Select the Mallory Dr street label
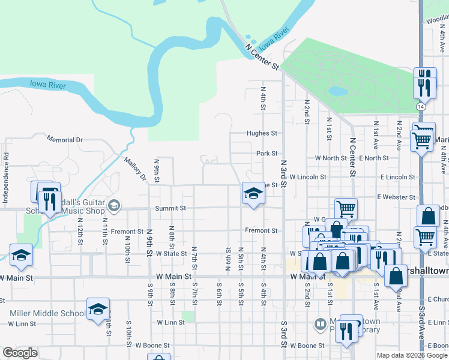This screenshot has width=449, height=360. click(x=135, y=169)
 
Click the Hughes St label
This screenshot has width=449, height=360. click(x=262, y=133)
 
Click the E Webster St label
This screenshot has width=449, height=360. click(x=396, y=197)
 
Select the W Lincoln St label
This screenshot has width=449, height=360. click(x=307, y=177)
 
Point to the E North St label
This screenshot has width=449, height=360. click(x=374, y=158)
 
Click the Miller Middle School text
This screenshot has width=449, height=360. click(x=48, y=313)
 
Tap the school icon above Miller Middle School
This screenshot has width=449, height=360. click(x=98, y=309)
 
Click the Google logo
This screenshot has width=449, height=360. click(x=20, y=353)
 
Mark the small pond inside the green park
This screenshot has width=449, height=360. click(x=337, y=92)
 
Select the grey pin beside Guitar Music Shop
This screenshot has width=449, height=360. click(x=113, y=207)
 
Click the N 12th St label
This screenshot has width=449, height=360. click(x=80, y=226)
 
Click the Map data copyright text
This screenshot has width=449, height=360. click(x=412, y=355)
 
